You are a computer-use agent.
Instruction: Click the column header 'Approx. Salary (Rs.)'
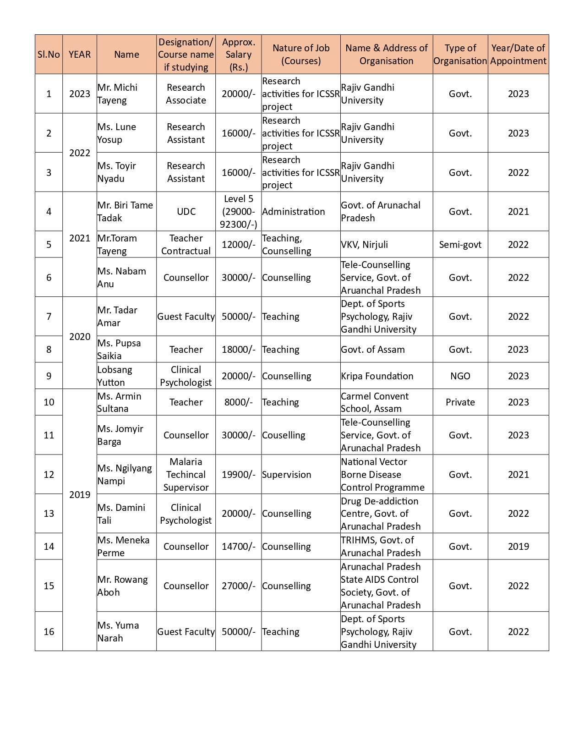(238, 55)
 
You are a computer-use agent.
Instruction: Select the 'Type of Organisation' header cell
(460, 55)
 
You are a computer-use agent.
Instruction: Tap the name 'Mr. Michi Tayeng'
(117, 94)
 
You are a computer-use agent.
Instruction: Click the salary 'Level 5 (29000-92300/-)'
(238, 212)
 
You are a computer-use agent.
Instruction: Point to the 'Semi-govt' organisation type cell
(460, 245)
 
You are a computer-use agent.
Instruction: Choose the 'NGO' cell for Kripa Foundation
(460, 376)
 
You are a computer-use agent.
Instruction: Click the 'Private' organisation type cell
(460, 402)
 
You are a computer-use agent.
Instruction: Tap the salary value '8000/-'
(238, 402)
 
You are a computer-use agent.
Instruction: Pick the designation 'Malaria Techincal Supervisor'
(186, 475)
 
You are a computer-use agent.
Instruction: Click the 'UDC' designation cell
(186, 212)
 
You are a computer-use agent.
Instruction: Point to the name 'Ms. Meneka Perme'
(123, 547)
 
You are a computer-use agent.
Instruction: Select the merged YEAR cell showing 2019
(80, 495)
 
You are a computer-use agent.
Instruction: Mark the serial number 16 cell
(49, 632)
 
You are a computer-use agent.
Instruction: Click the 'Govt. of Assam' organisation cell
(373, 350)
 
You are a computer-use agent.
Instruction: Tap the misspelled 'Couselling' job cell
(284, 435)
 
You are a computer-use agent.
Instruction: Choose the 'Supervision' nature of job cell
(286, 475)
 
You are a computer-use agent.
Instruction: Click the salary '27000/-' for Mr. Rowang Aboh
(238, 586)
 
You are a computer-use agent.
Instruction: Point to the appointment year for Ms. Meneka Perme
(518, 547)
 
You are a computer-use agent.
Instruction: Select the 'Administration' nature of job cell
(293, 212)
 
